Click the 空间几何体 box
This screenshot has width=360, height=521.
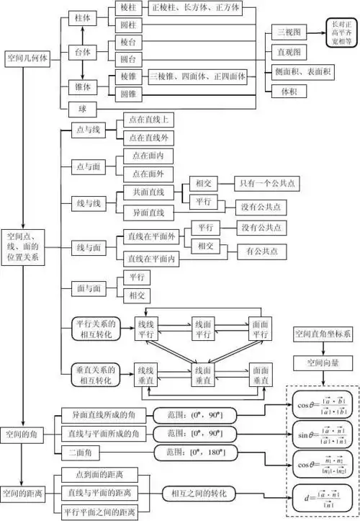coord(27,58)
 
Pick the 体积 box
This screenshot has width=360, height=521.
coord(287,91)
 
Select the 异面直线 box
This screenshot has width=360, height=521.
coord(149,213)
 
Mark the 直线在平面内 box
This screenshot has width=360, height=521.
coord(153,258)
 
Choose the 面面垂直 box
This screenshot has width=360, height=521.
coord(261,375)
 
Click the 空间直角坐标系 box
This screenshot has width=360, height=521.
coord(323,335)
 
